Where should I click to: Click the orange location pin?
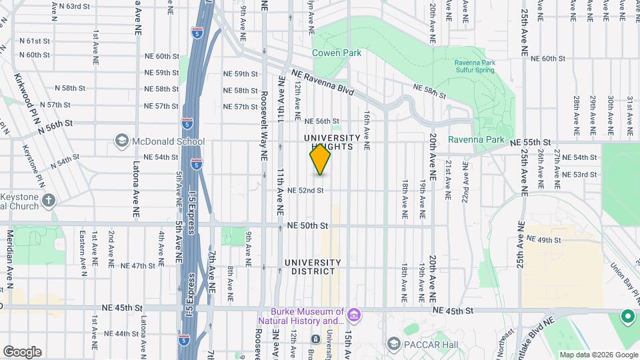[320, 160]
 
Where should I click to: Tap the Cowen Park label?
[337, 53]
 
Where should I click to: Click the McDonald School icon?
[122, 141]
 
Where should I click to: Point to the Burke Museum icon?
[354, 313]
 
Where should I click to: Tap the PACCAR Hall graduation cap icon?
[394, 343]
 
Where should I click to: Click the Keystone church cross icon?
[49, 200]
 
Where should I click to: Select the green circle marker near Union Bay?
[627, 317]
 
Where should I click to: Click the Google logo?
[22, 352]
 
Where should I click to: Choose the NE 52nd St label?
[305, 190]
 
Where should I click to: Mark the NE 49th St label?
[545, 239]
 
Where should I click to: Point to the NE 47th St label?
[134, 265]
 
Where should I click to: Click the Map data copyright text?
[597, 355]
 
